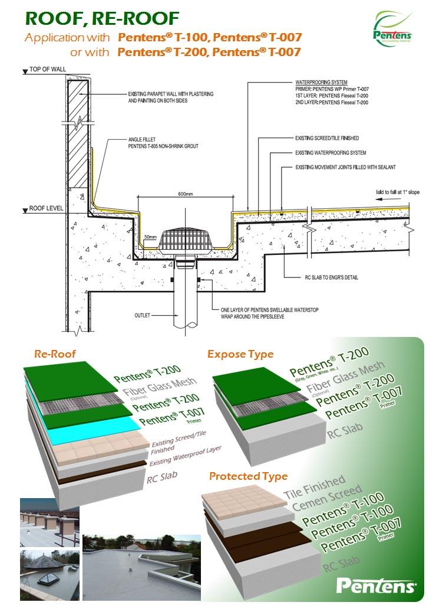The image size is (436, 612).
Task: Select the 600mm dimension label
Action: (x=186, y=194)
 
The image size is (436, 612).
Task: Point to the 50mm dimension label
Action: (x=150, y=237)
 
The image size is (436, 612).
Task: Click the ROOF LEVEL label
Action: (x=46, y=208)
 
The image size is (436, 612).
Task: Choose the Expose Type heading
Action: (x=240, y=354)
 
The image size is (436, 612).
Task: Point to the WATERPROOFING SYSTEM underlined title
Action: (x=321, y=82)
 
